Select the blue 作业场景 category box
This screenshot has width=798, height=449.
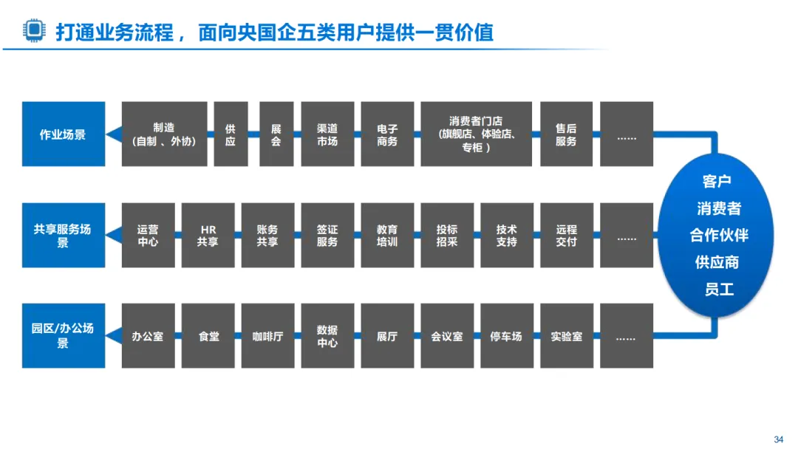(x=63, y=134)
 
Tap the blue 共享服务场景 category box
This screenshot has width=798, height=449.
(x=63, y=235)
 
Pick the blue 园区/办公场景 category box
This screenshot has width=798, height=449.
(x=63, y=335)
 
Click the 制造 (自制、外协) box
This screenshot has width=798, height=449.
(x=164, y=134)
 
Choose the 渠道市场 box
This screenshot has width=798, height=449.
(x=327, y=134)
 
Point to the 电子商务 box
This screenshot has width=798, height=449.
(x=387, y=134)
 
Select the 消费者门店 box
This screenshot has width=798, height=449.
(x=477, y=134)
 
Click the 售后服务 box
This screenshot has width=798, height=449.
(x=566, y=134)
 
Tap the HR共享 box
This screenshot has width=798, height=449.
(x=208, y=235)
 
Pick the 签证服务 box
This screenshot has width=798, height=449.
(x=327, y=235)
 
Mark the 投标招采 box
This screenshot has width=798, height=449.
(x=447, y=235)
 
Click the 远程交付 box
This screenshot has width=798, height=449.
(x=566, y=235)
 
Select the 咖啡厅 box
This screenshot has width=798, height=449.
(x=267, y=335)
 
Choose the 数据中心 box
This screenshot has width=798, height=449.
(x=327, y=335)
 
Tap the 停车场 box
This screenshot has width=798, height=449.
(x=506, y=335)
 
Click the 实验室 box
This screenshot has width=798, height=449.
(x=566, y=335)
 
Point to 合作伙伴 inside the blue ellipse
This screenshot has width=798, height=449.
(x=718, y=235)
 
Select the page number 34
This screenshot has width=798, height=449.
(x=778, y=439)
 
